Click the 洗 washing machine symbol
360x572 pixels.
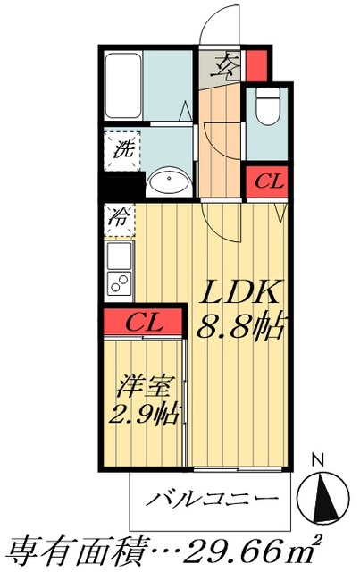click(x=121, y=147)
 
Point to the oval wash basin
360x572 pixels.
click(x=168, y=183)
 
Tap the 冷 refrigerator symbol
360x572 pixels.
click(x=119, y=216)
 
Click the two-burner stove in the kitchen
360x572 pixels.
click(x=119, y=285)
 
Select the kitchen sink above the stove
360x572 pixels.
click(x=119, y=257)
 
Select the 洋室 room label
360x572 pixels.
click(x=142, y=388)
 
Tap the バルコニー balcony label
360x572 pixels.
click(x=212, y=499)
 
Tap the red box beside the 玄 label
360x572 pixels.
click(x=256, y=65)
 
